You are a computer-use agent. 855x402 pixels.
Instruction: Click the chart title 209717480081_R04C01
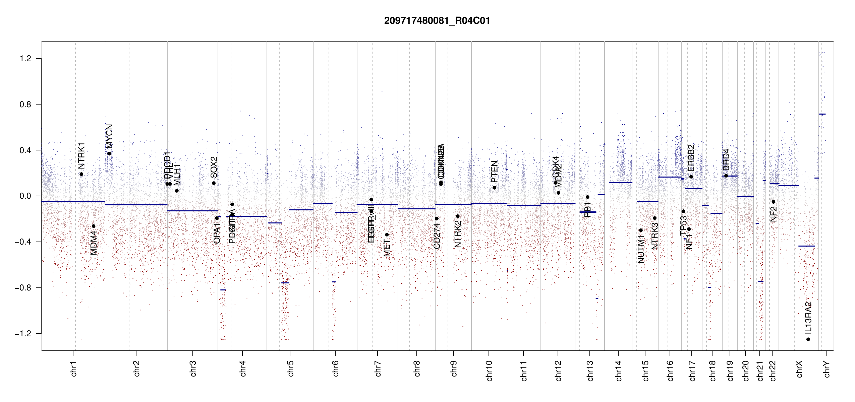pos(437,21)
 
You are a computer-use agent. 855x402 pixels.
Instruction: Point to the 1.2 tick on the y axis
pos(25,59)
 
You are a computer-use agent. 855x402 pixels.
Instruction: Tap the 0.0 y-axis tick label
pos(25,196)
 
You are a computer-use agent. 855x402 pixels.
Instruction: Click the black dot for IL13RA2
pos(808,339)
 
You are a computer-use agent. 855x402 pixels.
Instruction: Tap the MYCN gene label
pos(109,136)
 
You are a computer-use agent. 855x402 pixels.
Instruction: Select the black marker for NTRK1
pos(81,174)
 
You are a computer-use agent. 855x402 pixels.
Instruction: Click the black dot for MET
pos(387,234)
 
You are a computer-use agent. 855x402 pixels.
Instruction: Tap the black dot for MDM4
pos(94,226)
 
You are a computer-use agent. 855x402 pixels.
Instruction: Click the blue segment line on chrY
pos(822,114)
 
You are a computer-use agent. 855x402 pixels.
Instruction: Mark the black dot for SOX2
pos(214,183)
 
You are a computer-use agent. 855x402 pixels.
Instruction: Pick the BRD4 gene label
pos(726,160)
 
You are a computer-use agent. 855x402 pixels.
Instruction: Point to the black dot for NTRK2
pos(458,216)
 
